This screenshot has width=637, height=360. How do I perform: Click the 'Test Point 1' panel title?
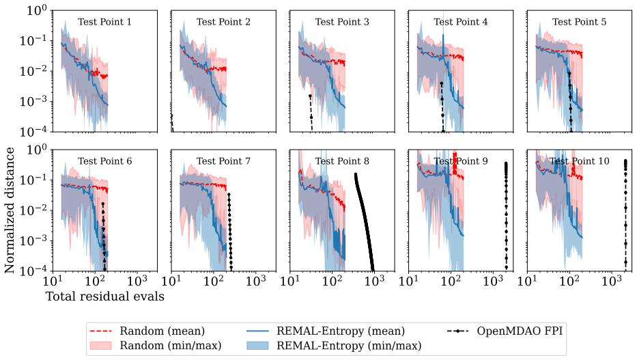105,22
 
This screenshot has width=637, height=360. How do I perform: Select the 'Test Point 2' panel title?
223,22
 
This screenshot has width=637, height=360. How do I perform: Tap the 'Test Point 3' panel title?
342,22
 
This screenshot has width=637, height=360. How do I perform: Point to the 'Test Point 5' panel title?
580,22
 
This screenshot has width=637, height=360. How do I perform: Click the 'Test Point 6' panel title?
105,161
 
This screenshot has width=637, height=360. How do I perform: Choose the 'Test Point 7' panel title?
223,161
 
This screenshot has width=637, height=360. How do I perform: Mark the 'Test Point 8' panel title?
342,161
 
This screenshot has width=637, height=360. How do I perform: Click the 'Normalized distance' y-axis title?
10,210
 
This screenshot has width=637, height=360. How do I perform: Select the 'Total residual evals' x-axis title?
105,296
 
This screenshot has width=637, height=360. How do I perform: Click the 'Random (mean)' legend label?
162,331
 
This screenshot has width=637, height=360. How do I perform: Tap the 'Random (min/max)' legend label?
171,346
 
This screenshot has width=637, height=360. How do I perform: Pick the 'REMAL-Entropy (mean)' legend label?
341,331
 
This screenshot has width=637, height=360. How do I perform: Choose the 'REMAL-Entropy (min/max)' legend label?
349,346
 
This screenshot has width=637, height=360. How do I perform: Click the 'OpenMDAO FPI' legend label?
520,331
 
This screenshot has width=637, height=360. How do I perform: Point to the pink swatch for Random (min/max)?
100,346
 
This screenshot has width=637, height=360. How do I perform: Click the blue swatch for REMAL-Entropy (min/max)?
257,346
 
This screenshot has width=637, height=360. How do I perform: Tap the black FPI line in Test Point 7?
230,231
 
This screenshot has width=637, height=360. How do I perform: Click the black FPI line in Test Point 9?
506,214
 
